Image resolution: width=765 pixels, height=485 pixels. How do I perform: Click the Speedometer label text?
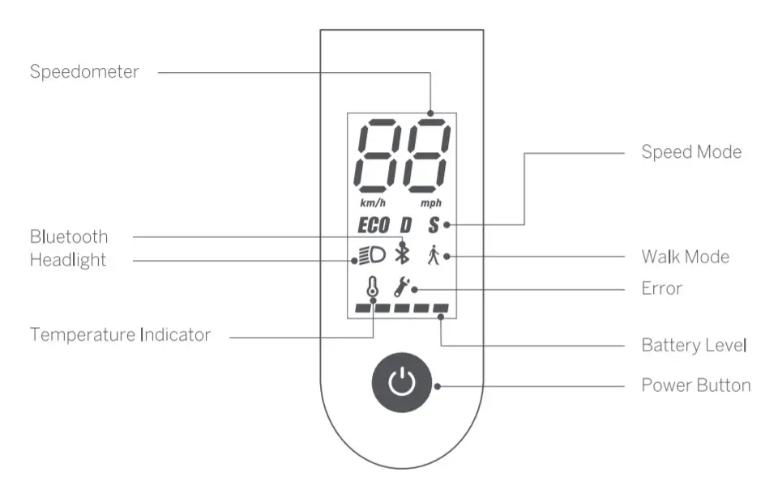coord(84,72)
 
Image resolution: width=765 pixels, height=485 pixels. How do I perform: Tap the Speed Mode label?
coord(690,152)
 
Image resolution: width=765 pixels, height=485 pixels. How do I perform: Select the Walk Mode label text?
coord(685,257)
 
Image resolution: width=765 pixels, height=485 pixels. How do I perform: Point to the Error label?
coord(661,288)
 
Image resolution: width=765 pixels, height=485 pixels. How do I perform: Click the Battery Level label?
coord(694,345)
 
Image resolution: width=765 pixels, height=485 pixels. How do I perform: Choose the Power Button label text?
coord(695,385)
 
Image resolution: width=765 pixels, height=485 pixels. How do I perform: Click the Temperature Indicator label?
coord(120,334)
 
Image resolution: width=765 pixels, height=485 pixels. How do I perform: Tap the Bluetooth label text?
coord(69,237)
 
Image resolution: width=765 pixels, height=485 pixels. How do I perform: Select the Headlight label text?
coord(68,260)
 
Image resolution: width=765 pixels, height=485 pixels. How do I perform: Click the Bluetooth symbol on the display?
coord(402,254)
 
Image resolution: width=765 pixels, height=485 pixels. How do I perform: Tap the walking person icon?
coord(434,256)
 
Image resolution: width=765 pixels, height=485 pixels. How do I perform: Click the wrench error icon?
coord(401,287)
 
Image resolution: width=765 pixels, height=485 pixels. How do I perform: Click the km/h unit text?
coord(373,202)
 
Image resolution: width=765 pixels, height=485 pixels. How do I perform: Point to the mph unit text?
coord(432,202)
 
